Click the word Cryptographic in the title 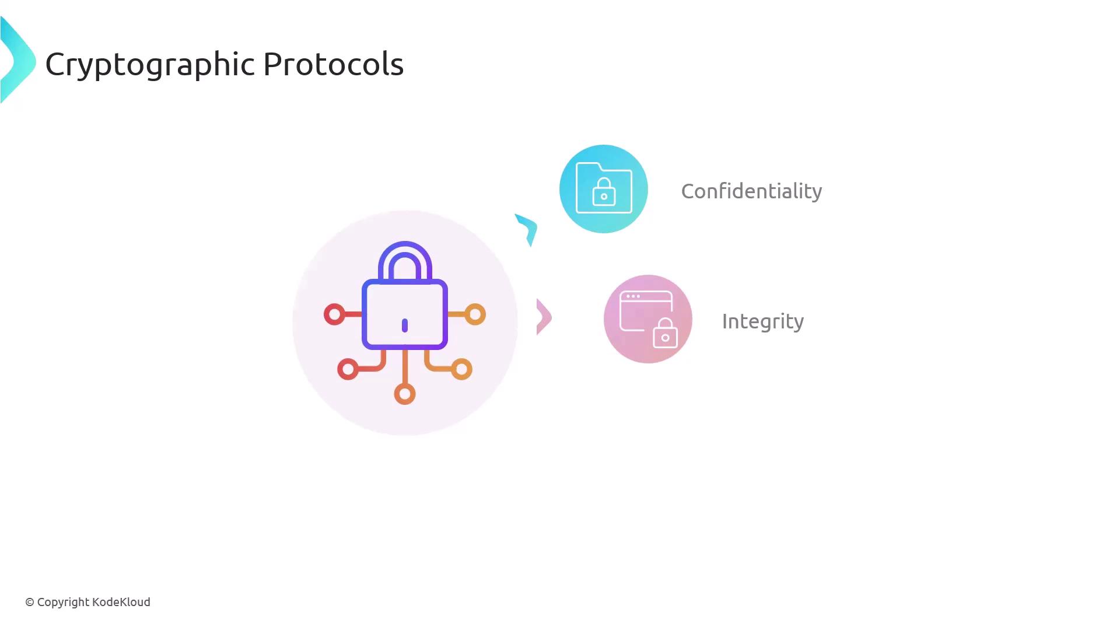point(150,64)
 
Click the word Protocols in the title point(333,64)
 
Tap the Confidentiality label point(751,191)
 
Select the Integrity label point(762,321)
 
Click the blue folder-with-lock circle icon point(603,189)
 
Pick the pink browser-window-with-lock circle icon point(647,319)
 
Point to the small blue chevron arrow point(527,229)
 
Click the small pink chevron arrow point(543,317)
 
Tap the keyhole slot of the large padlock point(405,325)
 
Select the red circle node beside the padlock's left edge point(334,314)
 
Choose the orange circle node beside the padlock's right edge point(475,314)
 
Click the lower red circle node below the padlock point(348,369)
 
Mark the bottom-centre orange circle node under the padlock point(405,394)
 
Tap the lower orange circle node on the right point(461,369)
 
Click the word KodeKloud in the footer point(121,602)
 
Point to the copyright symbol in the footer point(30,603)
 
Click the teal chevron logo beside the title point(17,61)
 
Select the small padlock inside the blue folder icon point(604,192)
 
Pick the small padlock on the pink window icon point(665,334)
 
